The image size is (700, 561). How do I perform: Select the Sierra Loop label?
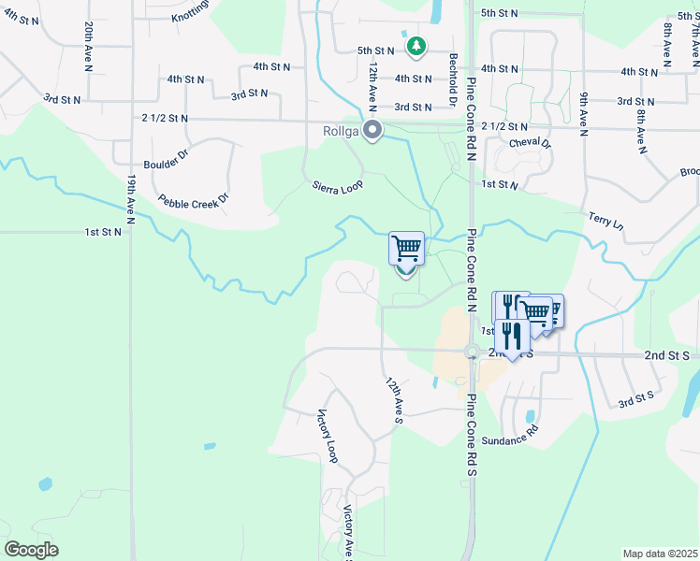(337, 187)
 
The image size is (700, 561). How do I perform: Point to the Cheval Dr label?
(531, 144)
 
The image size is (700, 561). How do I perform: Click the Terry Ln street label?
(605, 222)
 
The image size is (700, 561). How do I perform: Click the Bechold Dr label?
(452, 80)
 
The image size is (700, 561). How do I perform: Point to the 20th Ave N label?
(87, 41)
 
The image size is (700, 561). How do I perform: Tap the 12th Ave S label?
(394, 397)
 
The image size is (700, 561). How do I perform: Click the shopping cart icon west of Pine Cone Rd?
(406, 249)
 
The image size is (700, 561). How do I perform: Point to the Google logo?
(32, 550)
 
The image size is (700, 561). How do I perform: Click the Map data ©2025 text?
(659, 554)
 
